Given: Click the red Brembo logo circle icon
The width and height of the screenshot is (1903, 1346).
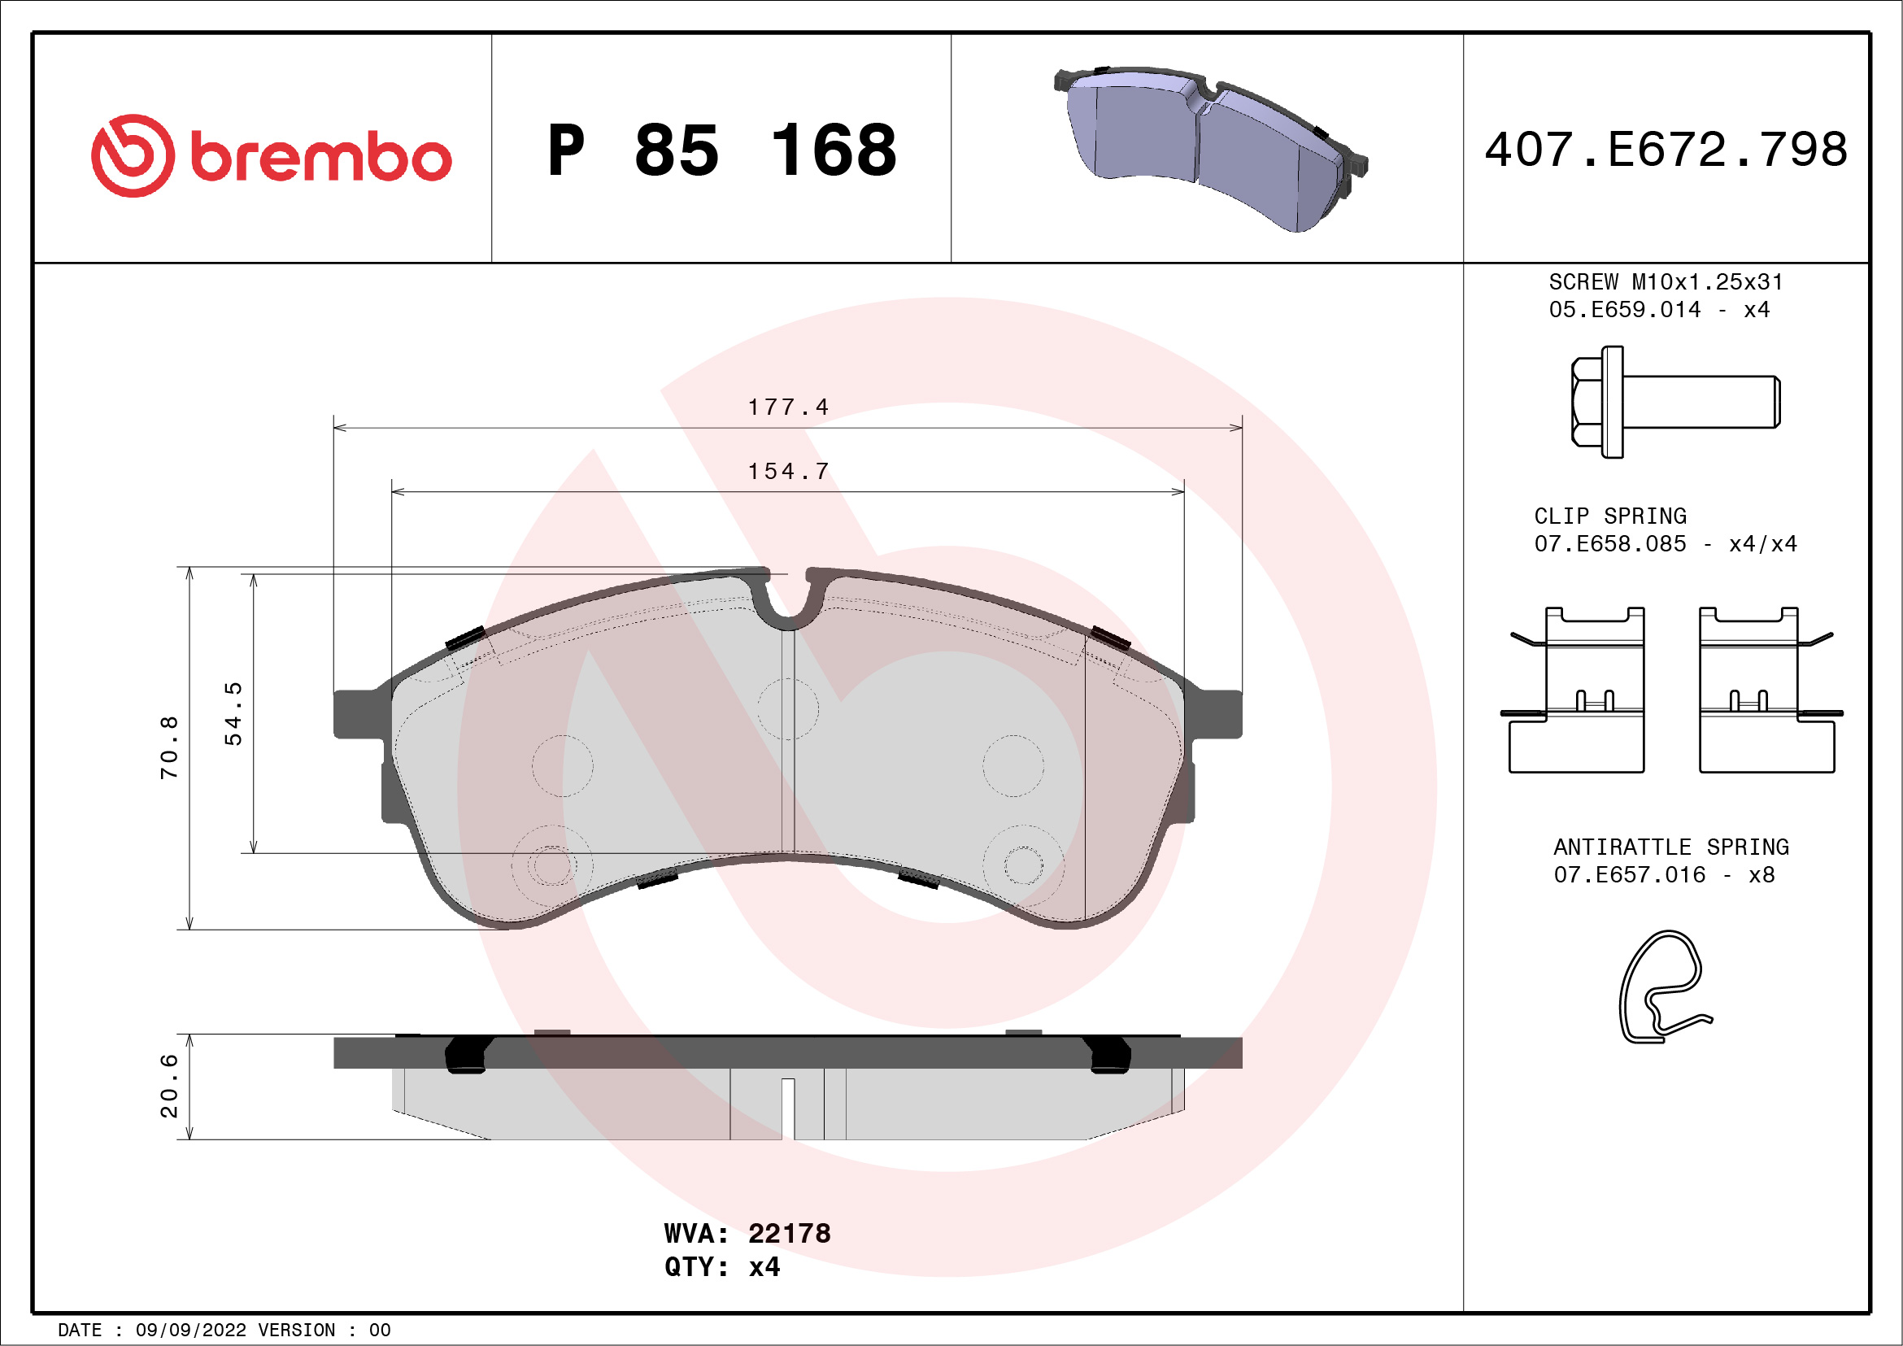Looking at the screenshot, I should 133,156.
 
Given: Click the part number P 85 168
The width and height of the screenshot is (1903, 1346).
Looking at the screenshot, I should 721,150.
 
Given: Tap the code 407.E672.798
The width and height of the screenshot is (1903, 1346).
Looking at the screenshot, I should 1666,150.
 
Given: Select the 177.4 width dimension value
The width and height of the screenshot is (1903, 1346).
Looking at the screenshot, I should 787,407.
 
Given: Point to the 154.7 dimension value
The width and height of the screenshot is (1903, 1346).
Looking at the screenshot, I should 787,471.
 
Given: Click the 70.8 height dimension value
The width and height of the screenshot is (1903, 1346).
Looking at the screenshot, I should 169,747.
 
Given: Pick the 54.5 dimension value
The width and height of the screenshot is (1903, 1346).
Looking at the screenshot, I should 233,713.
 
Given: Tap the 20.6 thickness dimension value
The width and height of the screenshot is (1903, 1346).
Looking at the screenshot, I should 169,1086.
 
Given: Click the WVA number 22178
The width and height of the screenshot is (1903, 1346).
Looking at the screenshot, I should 789,1233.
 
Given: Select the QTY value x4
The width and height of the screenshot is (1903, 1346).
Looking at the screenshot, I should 764,1267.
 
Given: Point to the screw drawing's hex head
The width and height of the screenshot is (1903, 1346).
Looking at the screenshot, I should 1588,402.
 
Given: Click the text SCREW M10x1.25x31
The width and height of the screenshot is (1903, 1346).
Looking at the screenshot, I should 1666,281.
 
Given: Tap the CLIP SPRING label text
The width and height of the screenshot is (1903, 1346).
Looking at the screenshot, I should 1609,516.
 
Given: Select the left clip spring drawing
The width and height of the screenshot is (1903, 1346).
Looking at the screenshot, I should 1574,690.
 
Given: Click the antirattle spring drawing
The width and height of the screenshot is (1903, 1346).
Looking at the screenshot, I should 1662,987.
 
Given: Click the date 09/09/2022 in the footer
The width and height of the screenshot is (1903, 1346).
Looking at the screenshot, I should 190,1331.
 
